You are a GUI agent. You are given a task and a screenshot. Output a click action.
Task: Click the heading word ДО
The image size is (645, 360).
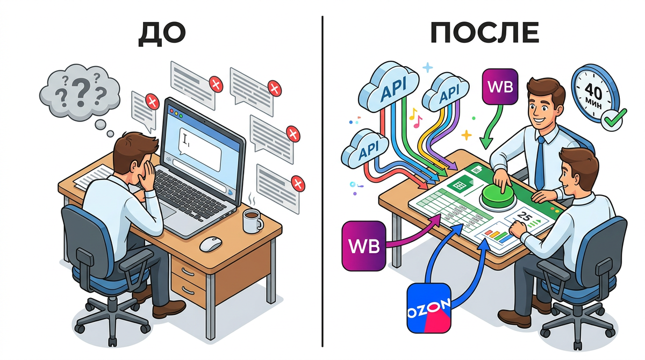pos(162,33)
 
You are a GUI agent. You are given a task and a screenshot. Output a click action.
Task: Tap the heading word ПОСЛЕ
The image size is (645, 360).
pos(484,33)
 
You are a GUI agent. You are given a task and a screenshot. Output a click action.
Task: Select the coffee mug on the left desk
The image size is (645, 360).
pos(251,220)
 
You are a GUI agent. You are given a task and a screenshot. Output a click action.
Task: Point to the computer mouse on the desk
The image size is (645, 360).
pos(211,243)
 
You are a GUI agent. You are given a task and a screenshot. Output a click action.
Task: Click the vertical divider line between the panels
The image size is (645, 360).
pos(322,183)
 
